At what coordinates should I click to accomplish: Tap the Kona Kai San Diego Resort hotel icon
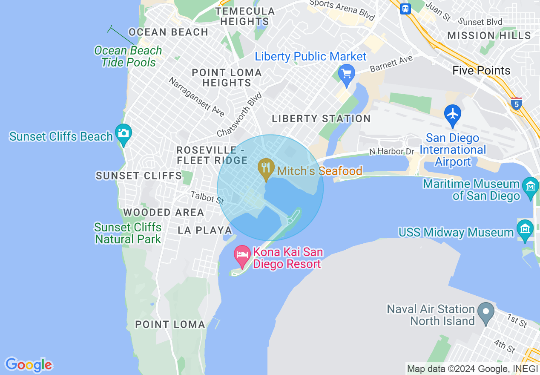click(x=242, y=256)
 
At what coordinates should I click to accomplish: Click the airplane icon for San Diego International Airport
click(x=452, y=114)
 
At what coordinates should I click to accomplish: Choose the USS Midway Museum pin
click(x=525, y=229)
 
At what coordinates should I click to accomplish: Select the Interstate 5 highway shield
click(x=517, y=103)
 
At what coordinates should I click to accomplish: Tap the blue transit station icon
click(x=405, y=9)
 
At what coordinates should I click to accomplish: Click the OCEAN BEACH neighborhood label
click(x=169, y=32)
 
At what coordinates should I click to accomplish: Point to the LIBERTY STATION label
click(x=321, y=119)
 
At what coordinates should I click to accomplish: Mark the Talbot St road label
click(x=207, y=197)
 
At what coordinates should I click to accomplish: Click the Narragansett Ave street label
click(x=196, y=97)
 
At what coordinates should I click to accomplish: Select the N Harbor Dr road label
click(x=391, y=151)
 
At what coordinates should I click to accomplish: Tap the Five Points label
click(x=481, y=71)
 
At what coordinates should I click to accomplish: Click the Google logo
click(x=29, y=365)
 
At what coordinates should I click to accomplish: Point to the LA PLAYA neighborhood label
click(x=205, y=231)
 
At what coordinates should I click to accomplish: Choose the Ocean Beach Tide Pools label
click(x=128, y=56)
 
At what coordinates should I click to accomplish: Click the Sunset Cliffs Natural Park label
click(x=128, y=233)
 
